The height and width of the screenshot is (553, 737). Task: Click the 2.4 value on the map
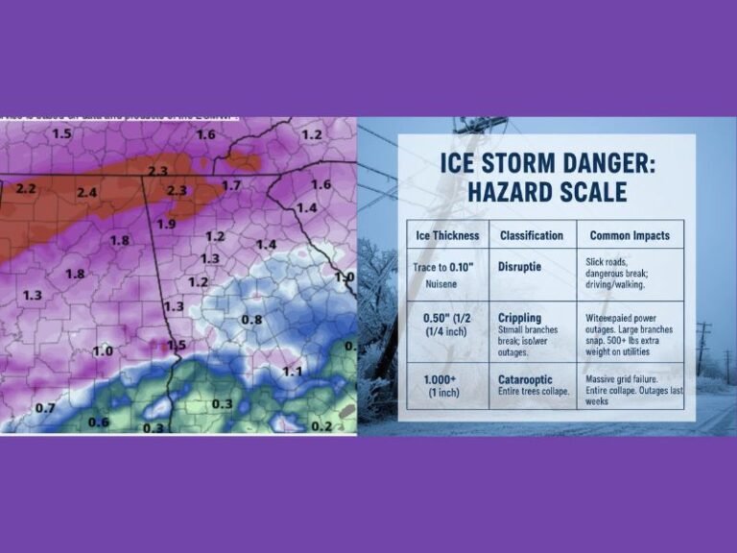[x=87, y=193]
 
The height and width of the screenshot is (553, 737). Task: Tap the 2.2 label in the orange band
[x=26, y=188]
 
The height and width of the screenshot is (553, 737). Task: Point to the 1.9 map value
[x=166, y=224]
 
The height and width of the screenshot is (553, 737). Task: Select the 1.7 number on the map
[x=231, y=185]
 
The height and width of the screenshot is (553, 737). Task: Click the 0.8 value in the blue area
[x=251, y=319]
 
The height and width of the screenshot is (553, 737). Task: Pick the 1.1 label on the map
[x=293, y=371]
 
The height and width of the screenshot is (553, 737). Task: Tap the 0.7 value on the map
[x=45, y=408]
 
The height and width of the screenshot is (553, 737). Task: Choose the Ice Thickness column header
[x=446, y=235]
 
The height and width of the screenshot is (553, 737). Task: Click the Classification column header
[x=532, y=235]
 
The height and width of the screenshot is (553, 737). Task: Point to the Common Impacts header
[x=630, y=235]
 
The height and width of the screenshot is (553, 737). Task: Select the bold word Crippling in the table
[x=520, y=318]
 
